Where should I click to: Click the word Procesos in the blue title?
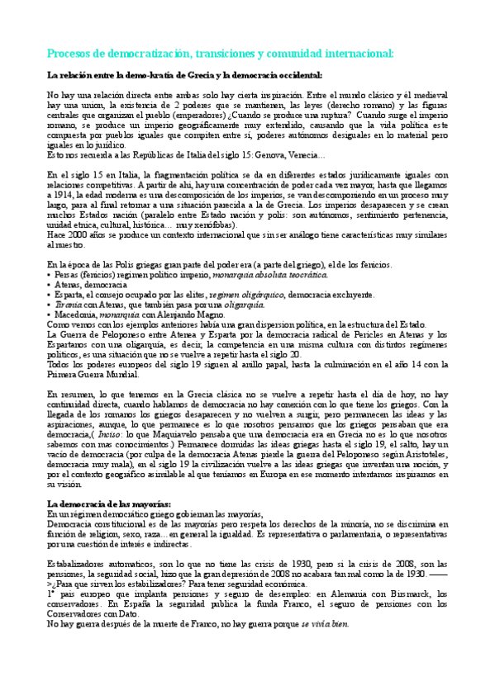(x=69, y=54)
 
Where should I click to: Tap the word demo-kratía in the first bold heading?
(x=149, y=75)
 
